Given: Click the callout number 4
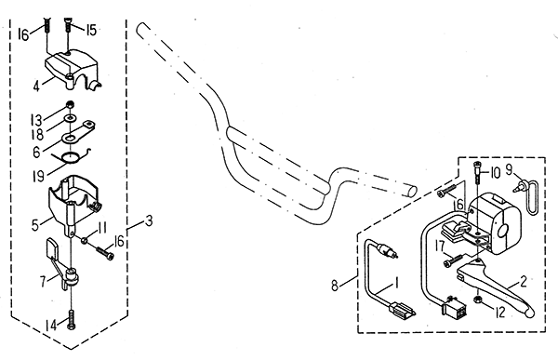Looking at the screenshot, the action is coord(36,87).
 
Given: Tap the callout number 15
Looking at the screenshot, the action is coord(91,30).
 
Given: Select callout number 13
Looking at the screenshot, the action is coord(36,120).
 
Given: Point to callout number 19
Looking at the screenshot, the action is coord(38,176).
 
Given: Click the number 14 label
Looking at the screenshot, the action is coord(51,325).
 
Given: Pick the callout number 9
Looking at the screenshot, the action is coord(510,170).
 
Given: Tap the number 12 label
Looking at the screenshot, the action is coord(500,313).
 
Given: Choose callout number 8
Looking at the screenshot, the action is coord(335,286).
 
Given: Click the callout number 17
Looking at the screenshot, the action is coord(440,247).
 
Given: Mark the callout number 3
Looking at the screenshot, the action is coord(150,220).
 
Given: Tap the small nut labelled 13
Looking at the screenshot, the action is coord(71,105).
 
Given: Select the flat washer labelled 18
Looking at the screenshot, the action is coord(71,118).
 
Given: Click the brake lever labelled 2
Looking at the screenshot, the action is coord(495,287).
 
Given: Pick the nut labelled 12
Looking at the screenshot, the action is coord(479,300).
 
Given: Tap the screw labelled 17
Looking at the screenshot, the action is coord(453,260).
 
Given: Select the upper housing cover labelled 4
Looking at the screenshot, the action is coord(72,69).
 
